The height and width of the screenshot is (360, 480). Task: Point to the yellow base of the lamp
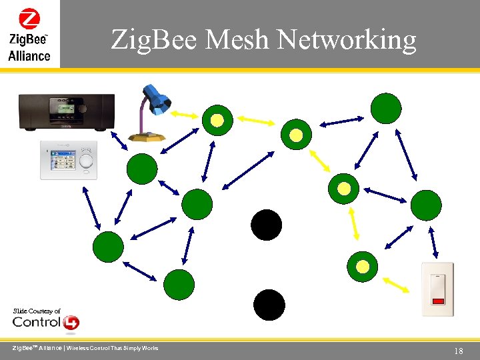point(147,136)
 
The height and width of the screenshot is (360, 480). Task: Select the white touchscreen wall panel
point(68,160)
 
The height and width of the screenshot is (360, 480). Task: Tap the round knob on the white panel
point(86,161)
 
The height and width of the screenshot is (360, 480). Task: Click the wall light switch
point(437,289)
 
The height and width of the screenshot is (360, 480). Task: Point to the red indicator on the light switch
point(437,301)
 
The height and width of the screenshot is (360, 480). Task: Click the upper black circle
point(267,225)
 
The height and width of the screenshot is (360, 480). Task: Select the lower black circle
point(269,305)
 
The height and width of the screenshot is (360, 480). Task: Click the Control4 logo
point(46,323)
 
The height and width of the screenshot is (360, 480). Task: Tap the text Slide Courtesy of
point(37,311)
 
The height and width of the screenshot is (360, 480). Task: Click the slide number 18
point(458,351)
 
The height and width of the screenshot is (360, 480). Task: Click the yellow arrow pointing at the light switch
point(397,285)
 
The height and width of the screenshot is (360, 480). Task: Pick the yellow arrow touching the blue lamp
point(182,115)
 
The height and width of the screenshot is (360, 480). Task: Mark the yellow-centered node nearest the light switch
point(362,267)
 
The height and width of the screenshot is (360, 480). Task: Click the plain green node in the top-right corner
point(386,108)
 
